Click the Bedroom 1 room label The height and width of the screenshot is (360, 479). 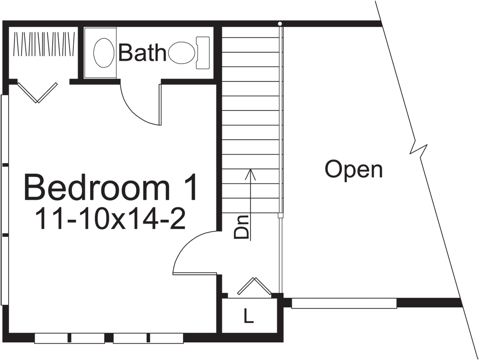(111, 188)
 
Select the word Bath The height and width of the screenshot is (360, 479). (141, 53)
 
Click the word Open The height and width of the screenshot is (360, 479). (354, 169)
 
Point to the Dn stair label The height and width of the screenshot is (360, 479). (242, 228)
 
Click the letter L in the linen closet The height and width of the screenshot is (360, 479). (248, 316)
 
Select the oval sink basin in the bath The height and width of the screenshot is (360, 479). (103, 53)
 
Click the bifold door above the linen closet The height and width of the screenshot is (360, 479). (254, 286)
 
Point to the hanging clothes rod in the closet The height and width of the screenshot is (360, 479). (44, 45)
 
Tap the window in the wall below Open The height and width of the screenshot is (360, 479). (344, 304)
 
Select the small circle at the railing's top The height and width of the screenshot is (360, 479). (280, 23)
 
